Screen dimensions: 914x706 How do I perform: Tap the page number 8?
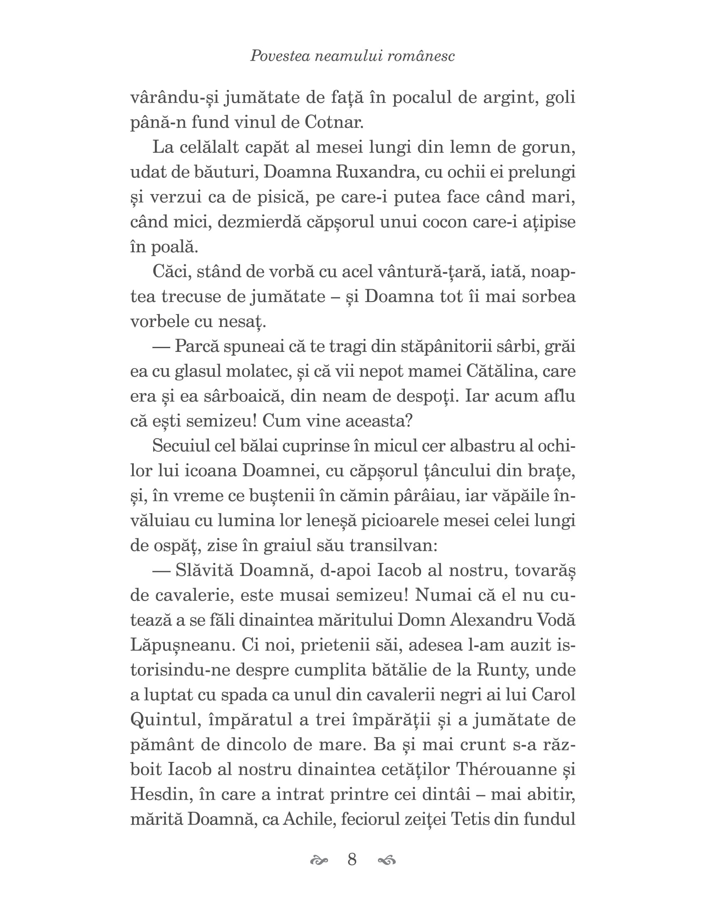point(352,859)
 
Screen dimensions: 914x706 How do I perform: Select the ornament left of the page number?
point(319,860)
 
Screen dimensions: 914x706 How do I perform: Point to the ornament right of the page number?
point(386,860)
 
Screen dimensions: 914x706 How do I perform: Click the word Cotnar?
point(334,122)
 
